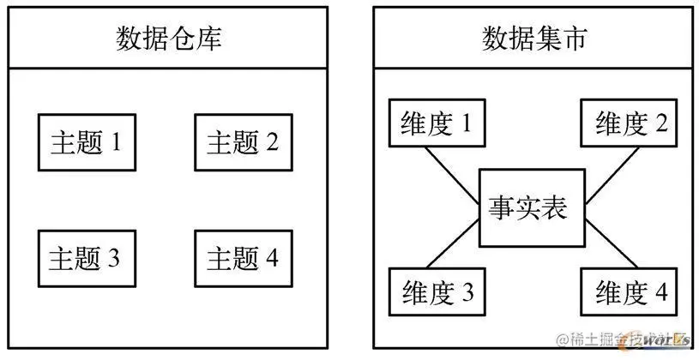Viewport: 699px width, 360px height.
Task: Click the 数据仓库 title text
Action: tap(168, 39)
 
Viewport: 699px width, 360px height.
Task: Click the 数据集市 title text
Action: tap(533, 39)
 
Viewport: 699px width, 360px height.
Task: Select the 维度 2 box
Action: tap(630, 124)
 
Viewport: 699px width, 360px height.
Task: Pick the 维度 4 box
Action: tap(630, 292)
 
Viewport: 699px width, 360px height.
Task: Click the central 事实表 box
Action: tap(532, 207)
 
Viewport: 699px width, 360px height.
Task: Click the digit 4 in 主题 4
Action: tap(271, 257)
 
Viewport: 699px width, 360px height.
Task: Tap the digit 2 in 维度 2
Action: tap(661, 124)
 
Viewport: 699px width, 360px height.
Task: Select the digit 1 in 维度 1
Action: tap(467, 124)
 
